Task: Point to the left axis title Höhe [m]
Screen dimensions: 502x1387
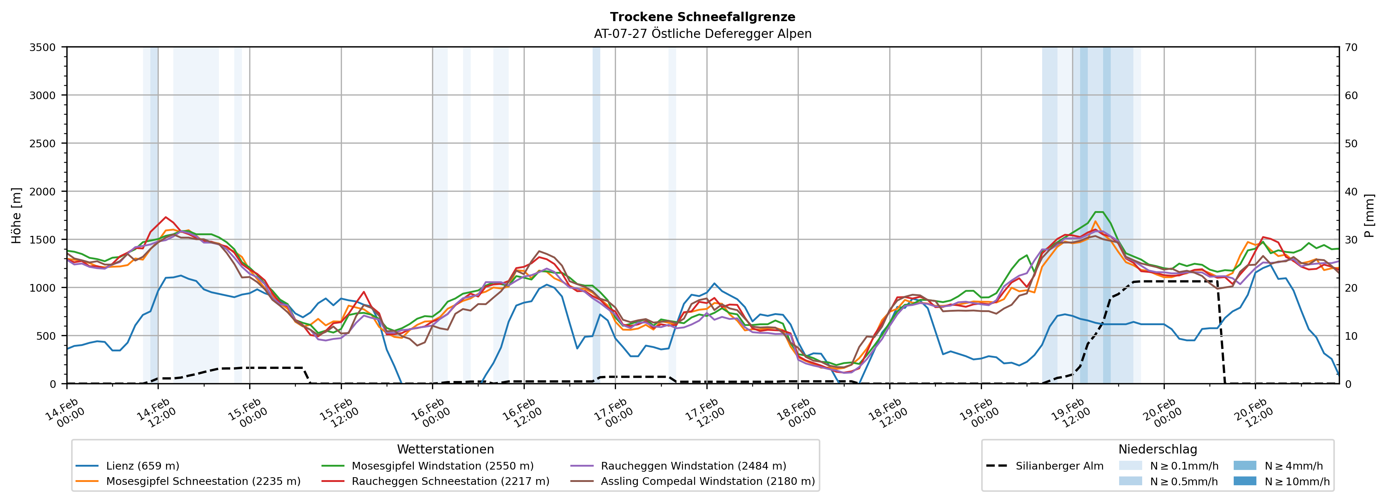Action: pos(17,215)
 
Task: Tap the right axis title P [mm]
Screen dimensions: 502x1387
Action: pos(1369,215)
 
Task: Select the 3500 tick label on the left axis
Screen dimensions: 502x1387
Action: pos(43,47)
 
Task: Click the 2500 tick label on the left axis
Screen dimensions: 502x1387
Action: pos(43,144)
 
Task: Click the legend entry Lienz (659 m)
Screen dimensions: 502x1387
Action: pos(142,466)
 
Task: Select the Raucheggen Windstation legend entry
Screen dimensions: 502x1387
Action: pos(693,466)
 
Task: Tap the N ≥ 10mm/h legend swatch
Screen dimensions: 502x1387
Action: pos(1244,481)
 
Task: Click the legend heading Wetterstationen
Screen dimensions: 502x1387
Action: pos(445,449)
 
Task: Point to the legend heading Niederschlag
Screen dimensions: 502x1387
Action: pos(1157,449)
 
